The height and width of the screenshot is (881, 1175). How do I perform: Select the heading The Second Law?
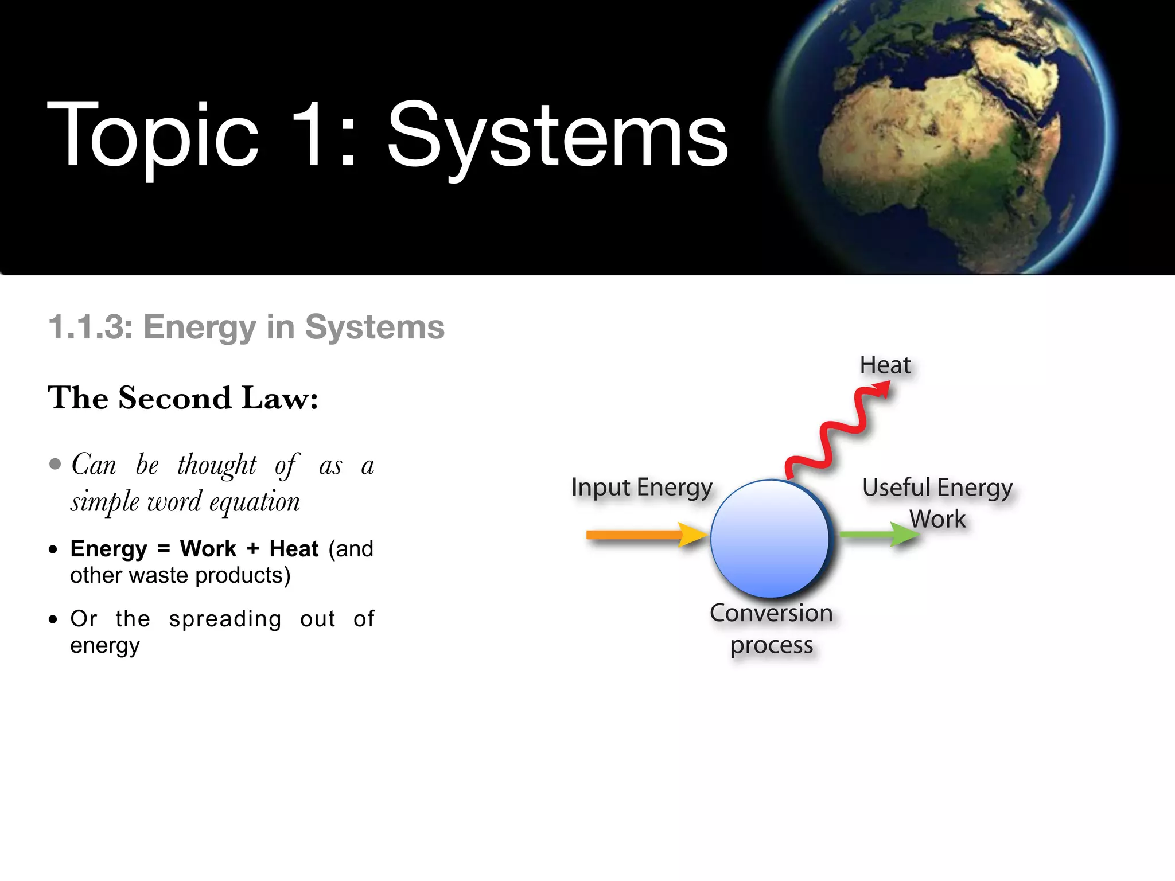(183, 397)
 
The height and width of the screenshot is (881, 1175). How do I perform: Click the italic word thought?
(217, 465)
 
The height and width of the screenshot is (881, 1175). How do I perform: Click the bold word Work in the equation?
(208, 549)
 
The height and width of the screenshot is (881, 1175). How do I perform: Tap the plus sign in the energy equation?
(253, 549)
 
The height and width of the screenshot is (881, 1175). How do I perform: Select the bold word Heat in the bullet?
(294, 549)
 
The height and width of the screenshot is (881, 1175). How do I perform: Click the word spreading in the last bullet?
(225, 619)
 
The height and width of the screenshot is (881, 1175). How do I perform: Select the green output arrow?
(878, 534)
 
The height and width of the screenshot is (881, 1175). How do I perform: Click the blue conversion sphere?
(770, 538)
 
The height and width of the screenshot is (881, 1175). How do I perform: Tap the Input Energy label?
(641, 488)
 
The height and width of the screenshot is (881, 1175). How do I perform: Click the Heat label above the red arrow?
(885, 365)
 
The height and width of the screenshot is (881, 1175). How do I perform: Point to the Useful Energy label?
(937, 488)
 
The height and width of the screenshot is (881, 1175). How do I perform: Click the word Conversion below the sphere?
(771, 613)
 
